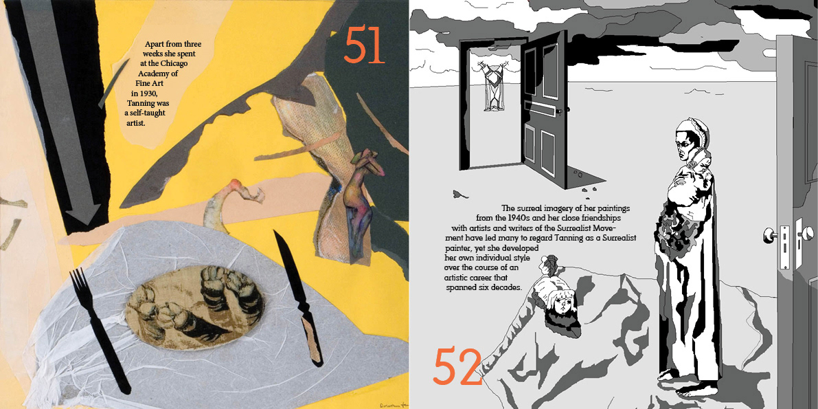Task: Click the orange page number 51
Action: click(x=364, y=45)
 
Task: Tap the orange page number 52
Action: click(x=457, y=366)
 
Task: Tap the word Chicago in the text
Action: click(x=174, y=63)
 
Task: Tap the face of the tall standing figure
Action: click(x=685, y=144)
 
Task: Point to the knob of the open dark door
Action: click(x=563, y=111)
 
